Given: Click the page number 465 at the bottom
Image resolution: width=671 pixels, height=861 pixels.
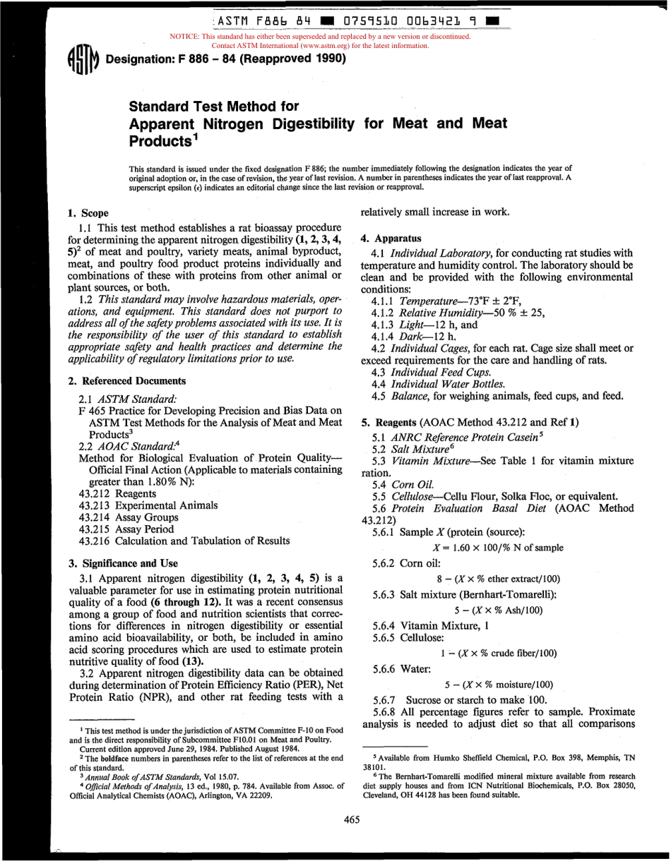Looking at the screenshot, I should tap(352, 819).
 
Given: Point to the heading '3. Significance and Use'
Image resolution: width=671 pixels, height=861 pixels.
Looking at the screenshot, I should tap(123, 563).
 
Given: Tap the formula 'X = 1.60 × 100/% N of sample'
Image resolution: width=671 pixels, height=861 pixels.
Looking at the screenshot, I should tap(498, 548).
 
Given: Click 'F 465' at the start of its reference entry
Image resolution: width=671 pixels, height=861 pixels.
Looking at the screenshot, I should tap(91, 410).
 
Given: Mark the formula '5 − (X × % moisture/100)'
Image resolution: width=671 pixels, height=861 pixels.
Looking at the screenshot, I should tap(499, 685).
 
